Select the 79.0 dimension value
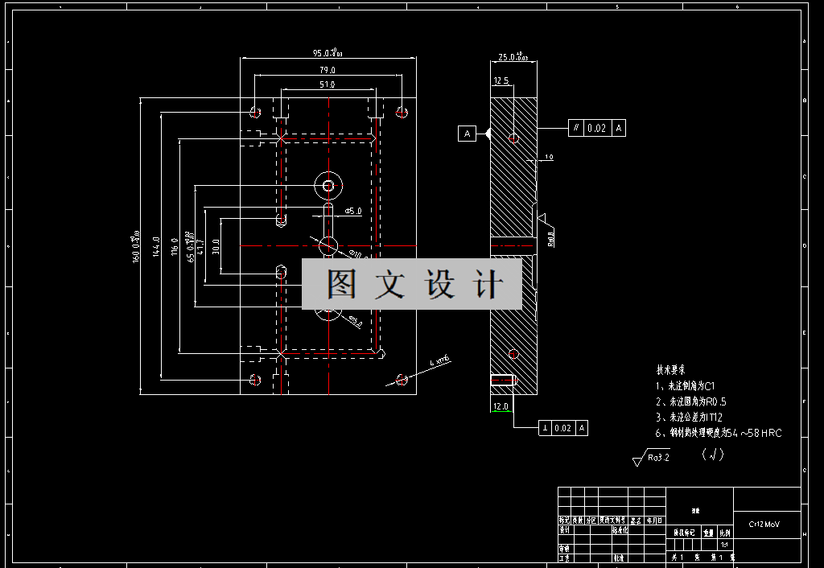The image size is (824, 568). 327,71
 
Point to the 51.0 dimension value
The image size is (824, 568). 327,84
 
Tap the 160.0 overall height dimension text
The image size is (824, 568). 136,246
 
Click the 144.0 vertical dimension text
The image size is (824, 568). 157,246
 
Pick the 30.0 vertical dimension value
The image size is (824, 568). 216,246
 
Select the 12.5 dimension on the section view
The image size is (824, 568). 501,80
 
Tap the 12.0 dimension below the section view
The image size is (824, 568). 501,407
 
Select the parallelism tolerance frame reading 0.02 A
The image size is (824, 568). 596,128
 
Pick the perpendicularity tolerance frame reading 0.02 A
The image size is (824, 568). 563,428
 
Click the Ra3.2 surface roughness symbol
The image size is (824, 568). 653,458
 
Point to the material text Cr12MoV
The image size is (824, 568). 764,525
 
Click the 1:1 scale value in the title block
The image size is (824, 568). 724,544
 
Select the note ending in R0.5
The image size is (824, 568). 691,401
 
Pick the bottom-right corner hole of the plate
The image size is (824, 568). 401,379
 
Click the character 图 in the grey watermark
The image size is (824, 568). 341,284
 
